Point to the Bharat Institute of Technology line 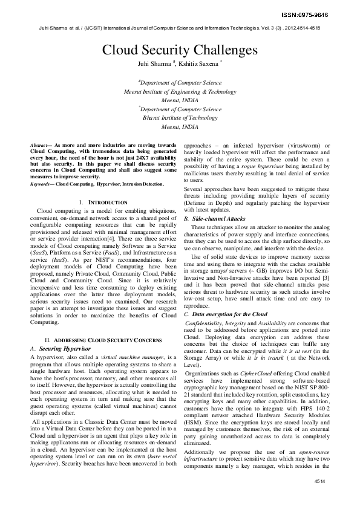pyautogui.click(x=180, y=118)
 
